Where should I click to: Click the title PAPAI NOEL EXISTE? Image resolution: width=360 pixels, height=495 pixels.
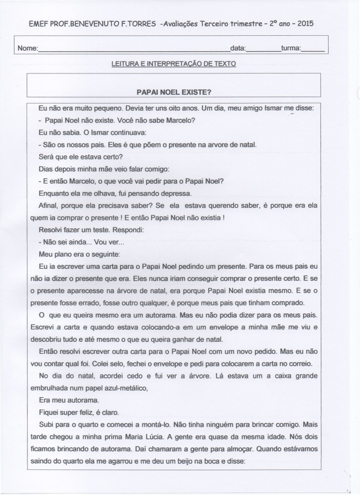pos(175,91)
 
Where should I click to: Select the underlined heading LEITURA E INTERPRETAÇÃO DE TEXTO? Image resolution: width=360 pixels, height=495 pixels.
pos(174,63)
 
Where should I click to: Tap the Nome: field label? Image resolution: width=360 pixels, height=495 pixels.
pos(27,49)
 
